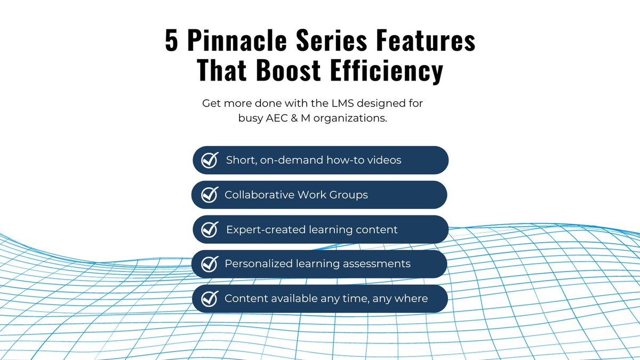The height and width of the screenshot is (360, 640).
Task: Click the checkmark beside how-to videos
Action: point(209,160)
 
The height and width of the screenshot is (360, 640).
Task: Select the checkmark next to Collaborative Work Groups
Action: point(209,195)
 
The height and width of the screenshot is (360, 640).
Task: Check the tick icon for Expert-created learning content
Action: point(209,230)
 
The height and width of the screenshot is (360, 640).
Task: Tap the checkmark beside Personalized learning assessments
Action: point(209,264)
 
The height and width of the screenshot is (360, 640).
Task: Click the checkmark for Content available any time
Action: point(209,299)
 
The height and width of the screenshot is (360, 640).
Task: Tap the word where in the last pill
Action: point(411,299)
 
